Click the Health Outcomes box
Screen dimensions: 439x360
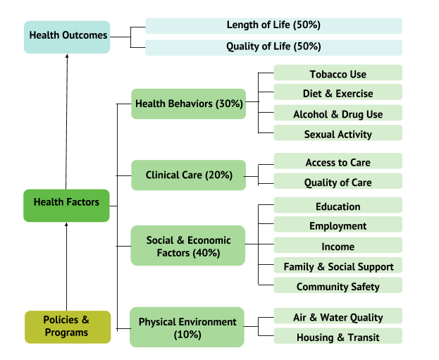tap(67, 37)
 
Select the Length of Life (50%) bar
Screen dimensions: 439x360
tap(273, 26)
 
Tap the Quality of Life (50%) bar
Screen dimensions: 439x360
tap(273, 48)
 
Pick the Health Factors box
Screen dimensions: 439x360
tap(66, 206)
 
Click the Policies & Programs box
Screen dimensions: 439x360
tap(68, 327)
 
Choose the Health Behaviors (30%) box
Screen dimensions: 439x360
tap(188, 104)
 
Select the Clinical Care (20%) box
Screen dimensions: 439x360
tap(188, 175)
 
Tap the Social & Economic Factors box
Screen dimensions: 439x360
tap(188, 245)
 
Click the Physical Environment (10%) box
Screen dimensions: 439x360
tap(187, 327)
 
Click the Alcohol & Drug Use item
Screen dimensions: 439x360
tap(338, 113)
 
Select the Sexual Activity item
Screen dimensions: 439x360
tap(338, 132)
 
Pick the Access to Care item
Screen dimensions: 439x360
tap(338, 161)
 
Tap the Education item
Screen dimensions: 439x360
tap(338, 205)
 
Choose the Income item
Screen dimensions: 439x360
tap(338, 245)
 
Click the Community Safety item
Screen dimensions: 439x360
tap(338, 285)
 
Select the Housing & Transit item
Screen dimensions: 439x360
tap(338, 336)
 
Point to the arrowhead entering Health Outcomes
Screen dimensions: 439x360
tap(67, 56)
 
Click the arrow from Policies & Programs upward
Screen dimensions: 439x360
tap(66, 266)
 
